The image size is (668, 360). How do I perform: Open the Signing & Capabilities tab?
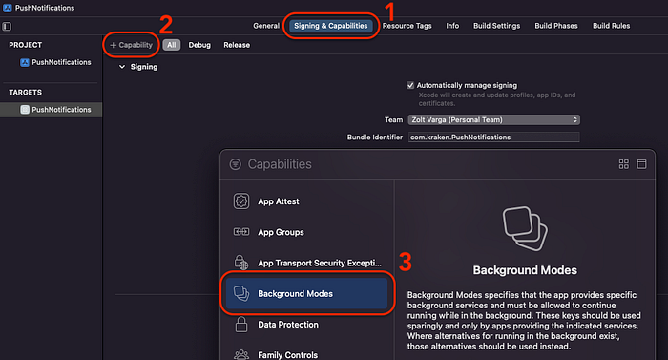coord(330,26)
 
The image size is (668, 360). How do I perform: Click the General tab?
coord(266,26)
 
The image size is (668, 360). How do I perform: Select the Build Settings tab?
coord(497,26)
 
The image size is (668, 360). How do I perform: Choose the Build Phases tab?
coord(556,26)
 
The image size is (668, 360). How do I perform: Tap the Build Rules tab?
coord(611,26)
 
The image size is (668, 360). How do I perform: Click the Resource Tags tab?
coord(407,26)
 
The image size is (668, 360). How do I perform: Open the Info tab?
coord(452,26)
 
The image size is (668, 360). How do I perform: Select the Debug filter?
coord(199,45)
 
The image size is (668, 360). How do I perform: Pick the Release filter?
coord(237,45)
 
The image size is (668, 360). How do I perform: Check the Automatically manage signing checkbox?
coord(410,85)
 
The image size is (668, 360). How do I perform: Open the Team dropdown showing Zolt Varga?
coord(493,120)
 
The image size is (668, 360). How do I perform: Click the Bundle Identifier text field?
coord(493,137)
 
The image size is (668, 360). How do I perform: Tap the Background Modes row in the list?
coord(306,293)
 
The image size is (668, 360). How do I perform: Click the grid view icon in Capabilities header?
coord(624,164)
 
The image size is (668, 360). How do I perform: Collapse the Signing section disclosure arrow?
coord(122,67)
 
